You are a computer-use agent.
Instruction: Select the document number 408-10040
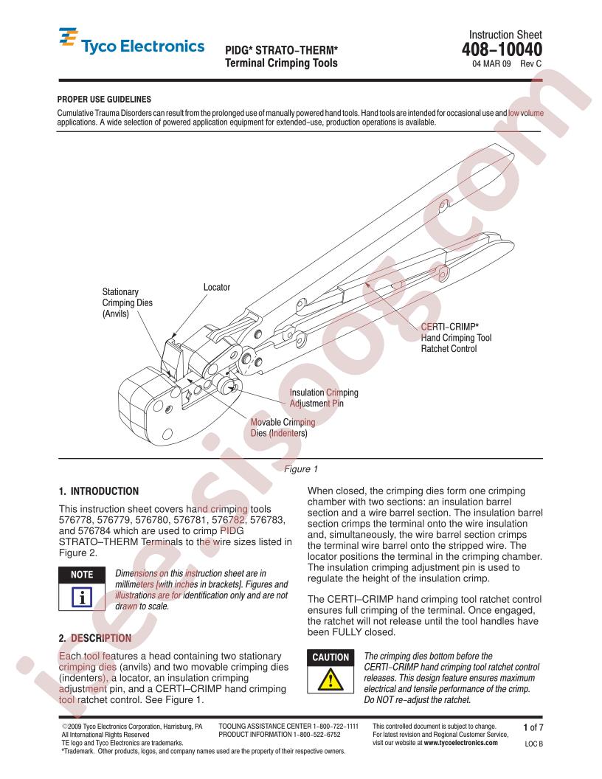(x=502, y=49)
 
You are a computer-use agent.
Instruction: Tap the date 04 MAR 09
(x=491, y=63)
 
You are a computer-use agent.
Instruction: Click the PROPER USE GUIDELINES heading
(x=104, y=99)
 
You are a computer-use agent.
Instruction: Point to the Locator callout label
(x=217, y=287)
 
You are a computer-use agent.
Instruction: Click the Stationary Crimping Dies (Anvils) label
(x=127, y=302)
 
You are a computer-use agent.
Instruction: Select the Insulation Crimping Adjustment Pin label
(x=324, y=398)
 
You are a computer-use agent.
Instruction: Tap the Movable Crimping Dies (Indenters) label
(x=283, y=428)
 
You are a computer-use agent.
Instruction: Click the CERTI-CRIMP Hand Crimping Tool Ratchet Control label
(x=456, y=338)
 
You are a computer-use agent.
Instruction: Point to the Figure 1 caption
(x=301, y=469)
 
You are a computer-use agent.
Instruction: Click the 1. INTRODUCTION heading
(x=99, y=491)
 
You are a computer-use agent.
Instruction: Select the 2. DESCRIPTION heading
(x=95, y=638)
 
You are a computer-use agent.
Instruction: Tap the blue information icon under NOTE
(x=81, y=597)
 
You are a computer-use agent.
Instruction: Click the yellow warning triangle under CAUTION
(x=331, y=679)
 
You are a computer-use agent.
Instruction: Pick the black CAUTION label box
(x=331, y=657)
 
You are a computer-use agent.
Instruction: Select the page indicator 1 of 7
(x=533, y=728)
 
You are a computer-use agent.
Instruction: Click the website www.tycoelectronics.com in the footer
(x=460, y=743)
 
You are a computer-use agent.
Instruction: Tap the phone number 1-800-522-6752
(x=316, y=734)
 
